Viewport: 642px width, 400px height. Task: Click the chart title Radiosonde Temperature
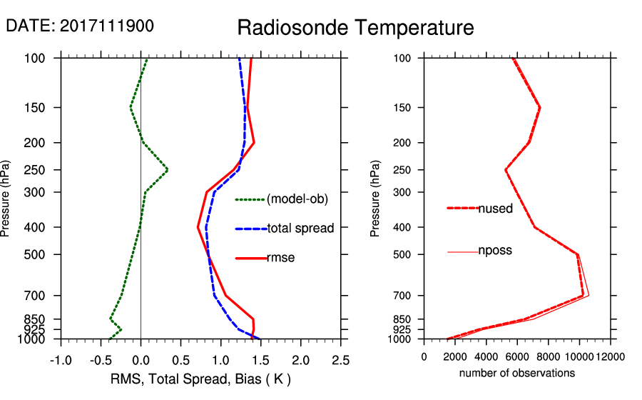click(x=355, y=28)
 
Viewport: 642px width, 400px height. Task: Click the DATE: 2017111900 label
click(x=80, y=26)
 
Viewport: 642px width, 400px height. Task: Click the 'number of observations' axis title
click(x=517, y=373)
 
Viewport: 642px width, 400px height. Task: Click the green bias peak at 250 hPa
click(x=167, y=170)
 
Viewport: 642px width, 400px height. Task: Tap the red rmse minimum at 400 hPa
click(x=198, y=227)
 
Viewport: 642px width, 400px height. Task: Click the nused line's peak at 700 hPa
click(x=584, y=295)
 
